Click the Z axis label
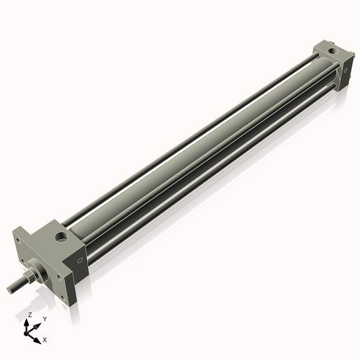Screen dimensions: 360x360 [x=30, y=315]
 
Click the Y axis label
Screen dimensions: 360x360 [x=45, y=319]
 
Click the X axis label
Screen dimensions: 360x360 [x=45, y=340]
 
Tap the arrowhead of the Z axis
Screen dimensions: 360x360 [x=27, y=323]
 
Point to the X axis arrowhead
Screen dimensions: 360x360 [x=37, y=341]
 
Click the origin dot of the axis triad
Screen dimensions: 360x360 [x=26, y=333]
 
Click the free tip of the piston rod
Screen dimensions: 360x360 [x=9, y=289]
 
